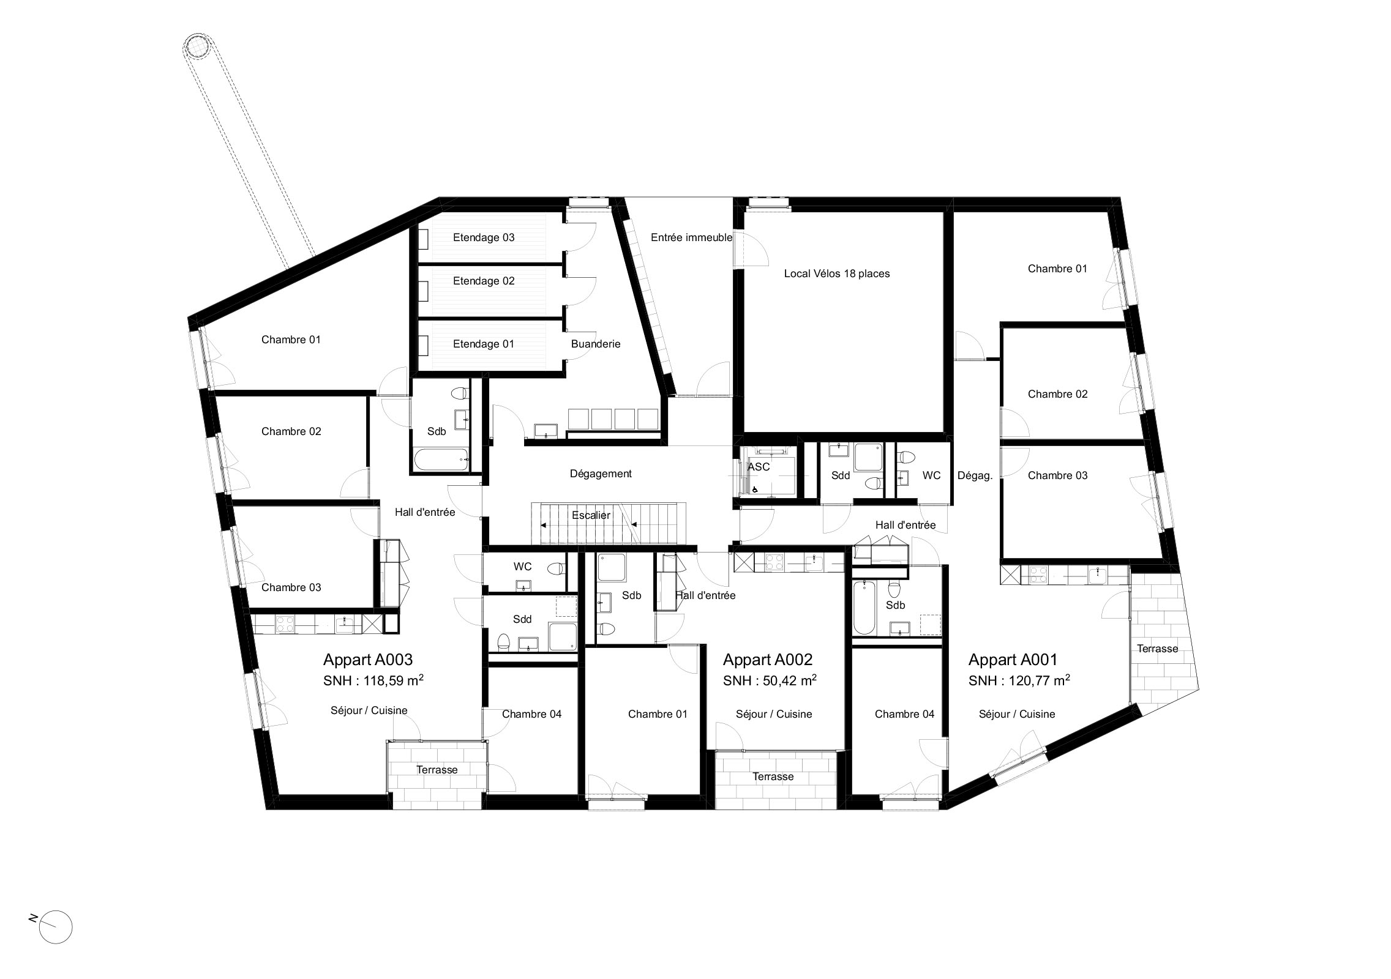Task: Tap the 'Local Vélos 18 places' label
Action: [836, 274]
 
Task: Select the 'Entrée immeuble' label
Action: [691, 237]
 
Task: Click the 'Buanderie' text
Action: [596, 344]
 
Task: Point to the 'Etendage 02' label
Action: [484, 281]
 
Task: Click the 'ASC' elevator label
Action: [759, 466]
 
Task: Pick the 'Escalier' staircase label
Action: [591, 515]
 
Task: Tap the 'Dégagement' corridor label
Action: [601, 474]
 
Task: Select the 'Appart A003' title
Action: [368, 659]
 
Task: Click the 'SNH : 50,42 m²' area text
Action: [770, 680]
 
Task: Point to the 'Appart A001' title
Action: [1013, 659]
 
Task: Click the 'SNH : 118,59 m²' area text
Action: [373, 680]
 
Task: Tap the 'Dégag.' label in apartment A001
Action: [975, 475]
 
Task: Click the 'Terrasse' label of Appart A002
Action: [773, 776]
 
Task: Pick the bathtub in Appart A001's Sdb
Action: [864, 608]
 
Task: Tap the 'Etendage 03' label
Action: [484, 237]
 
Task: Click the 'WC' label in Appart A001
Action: [931, 475]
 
